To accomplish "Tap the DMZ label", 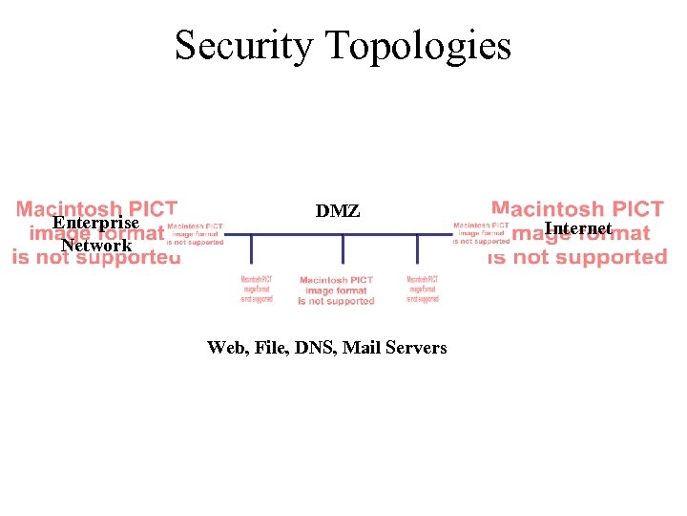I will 338,211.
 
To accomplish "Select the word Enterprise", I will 95,224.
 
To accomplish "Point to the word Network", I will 95,246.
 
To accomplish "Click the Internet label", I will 577,228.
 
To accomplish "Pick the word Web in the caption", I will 225,348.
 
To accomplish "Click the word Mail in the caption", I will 363,348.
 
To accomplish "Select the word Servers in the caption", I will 416,348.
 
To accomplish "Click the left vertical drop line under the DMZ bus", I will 252,247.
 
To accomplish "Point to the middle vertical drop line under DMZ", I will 343,247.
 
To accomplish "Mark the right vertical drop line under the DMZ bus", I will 418,247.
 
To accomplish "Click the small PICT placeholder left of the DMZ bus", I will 196,234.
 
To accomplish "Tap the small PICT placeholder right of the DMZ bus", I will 482,234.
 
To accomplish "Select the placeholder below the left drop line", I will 256,289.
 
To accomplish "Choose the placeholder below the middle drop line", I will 337,290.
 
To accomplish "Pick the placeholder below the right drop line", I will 422,289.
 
